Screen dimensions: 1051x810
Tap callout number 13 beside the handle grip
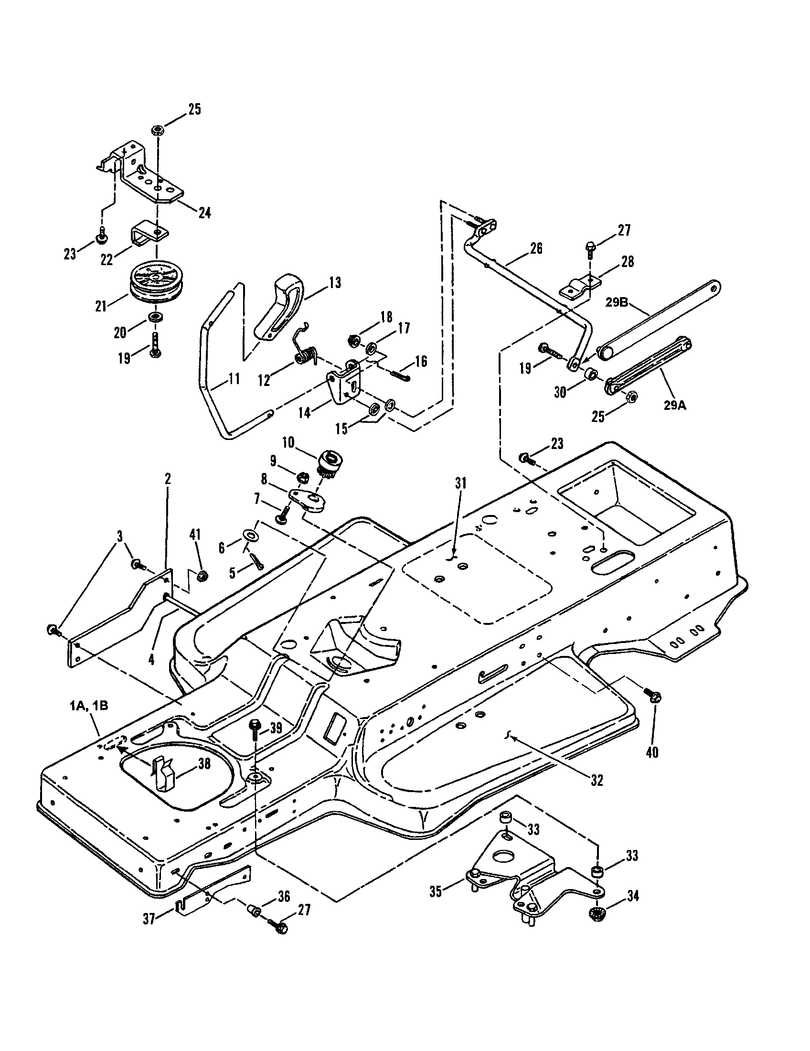coord(335,283)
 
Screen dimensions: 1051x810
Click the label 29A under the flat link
coord(675,405)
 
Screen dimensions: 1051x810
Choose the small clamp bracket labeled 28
coord(581,287)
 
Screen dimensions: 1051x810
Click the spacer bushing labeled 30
coord(591,373)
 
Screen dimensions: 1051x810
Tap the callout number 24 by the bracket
coord(205,213)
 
